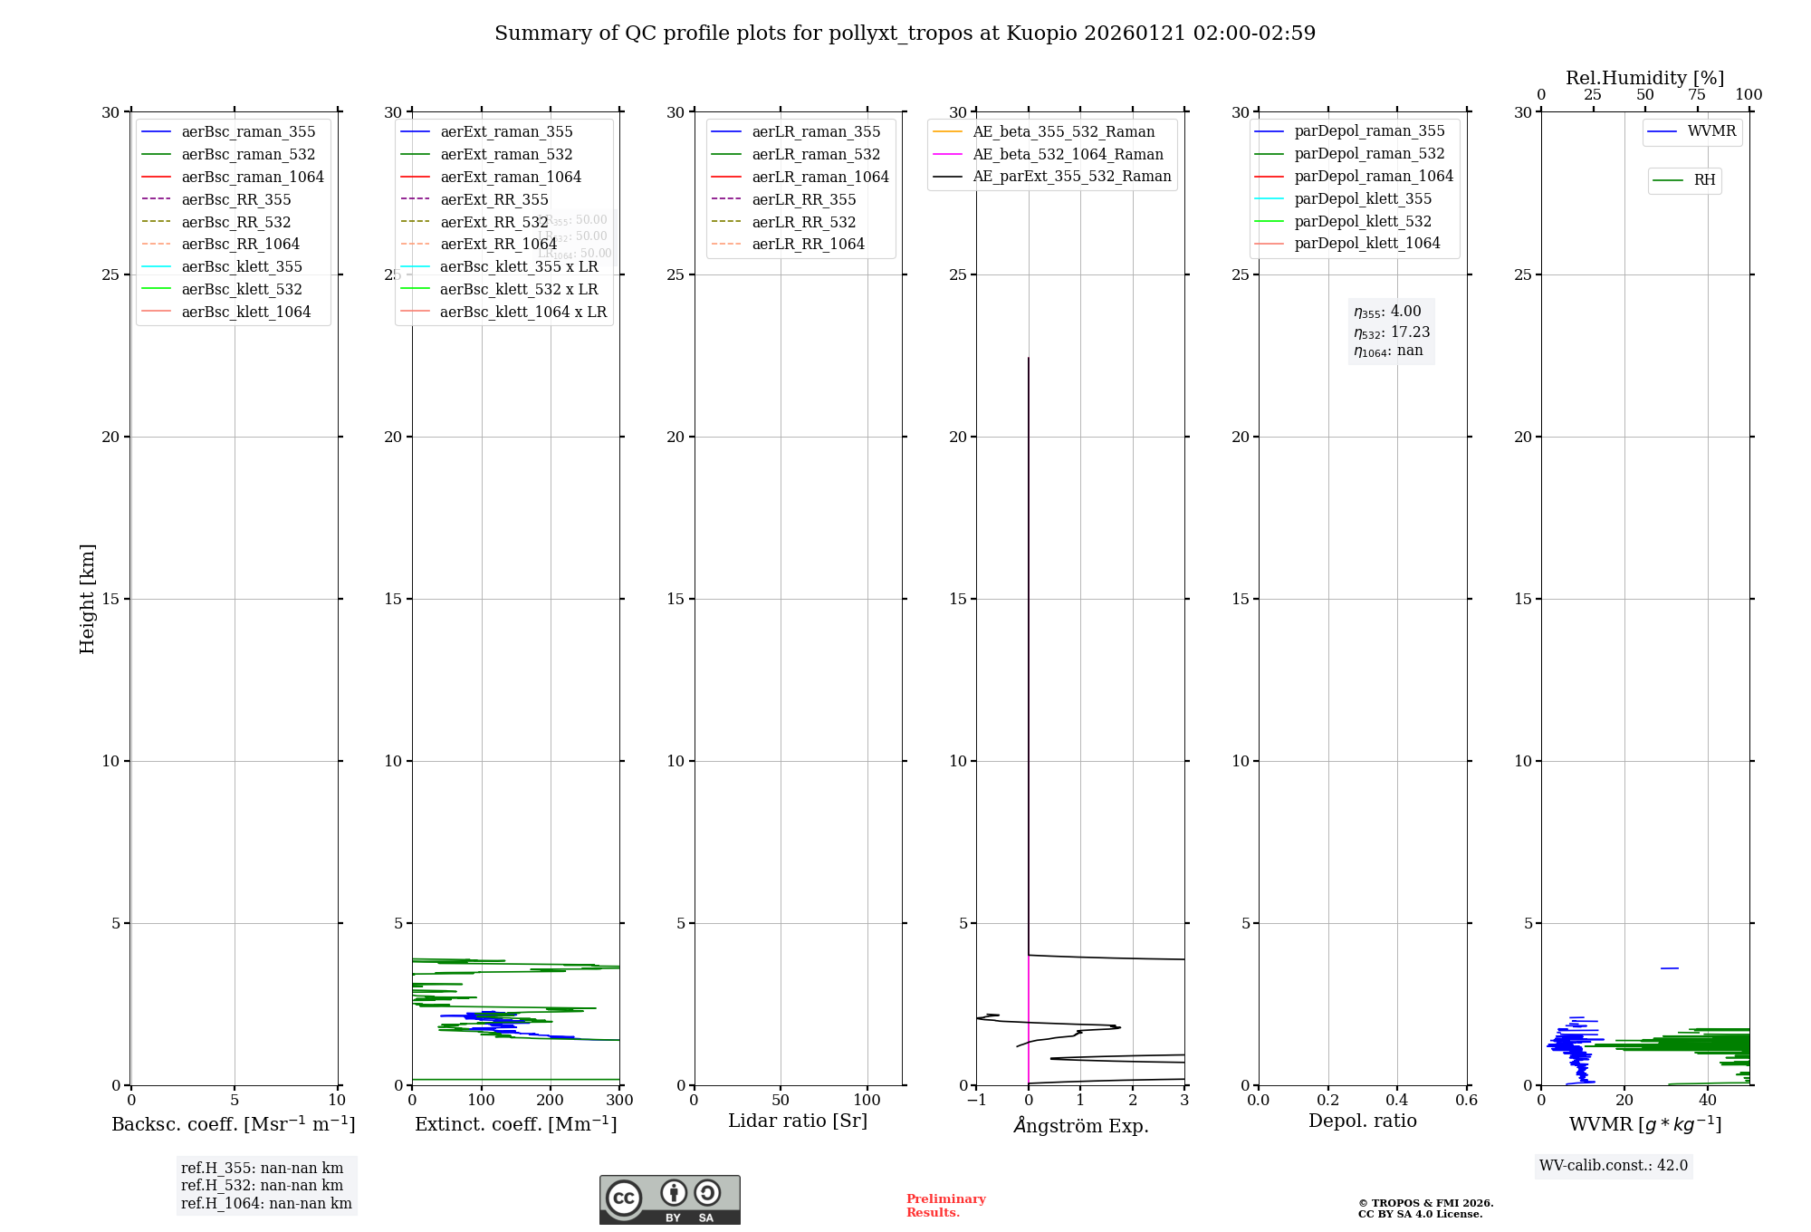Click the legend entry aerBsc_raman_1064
pos(252,177)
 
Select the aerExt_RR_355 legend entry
pos(493,199)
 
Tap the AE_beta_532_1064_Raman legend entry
pos(1068,154)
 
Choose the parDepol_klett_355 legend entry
pos(1363,198)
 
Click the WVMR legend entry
pos(1711,131)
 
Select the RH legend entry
pos(1704,180)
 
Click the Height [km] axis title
pos(87,598)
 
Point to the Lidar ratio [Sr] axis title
pos(798,1121)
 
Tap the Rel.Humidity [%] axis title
pos(1644,78)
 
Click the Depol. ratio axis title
pos(1362,1121)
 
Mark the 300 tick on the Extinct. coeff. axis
pos(620,1101)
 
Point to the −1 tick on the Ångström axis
pos(976,1101)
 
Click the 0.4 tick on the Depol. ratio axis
pos(1397,1101)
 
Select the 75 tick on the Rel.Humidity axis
pos(1697,95)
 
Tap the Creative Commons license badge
pos(669,1199)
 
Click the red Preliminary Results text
pos(945,1205)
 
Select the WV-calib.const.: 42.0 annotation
pos(1614,1165)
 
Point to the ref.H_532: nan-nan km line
pos(262,1185)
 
